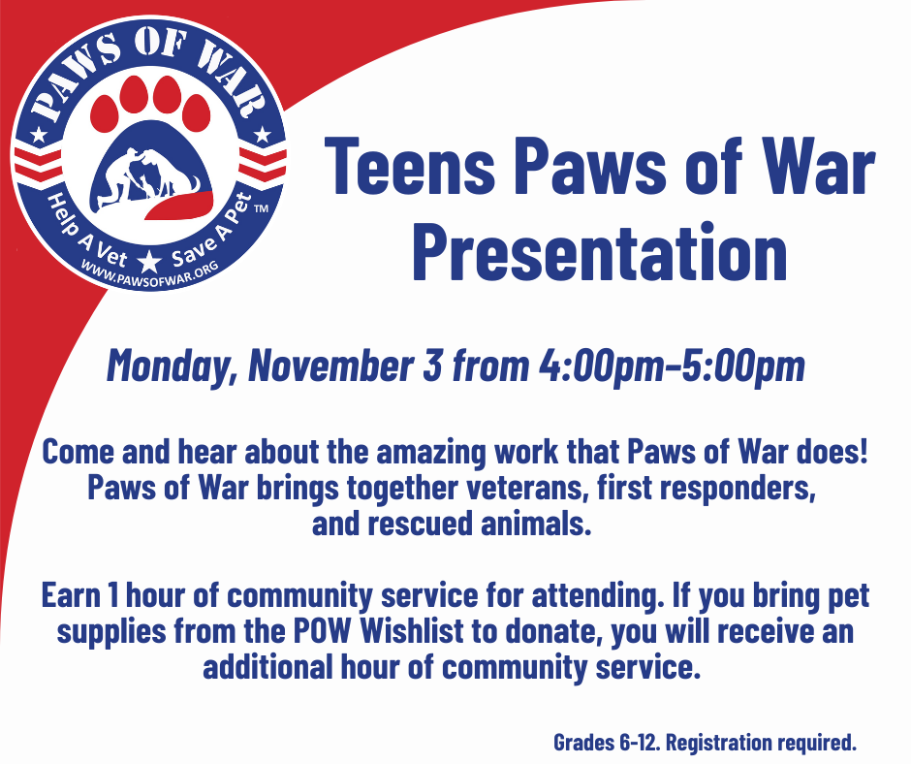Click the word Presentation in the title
pos(600,253)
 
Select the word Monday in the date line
pos(173,366)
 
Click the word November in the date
pos(331,366)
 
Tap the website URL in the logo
pos(150,273)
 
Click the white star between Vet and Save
pos(150,262)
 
